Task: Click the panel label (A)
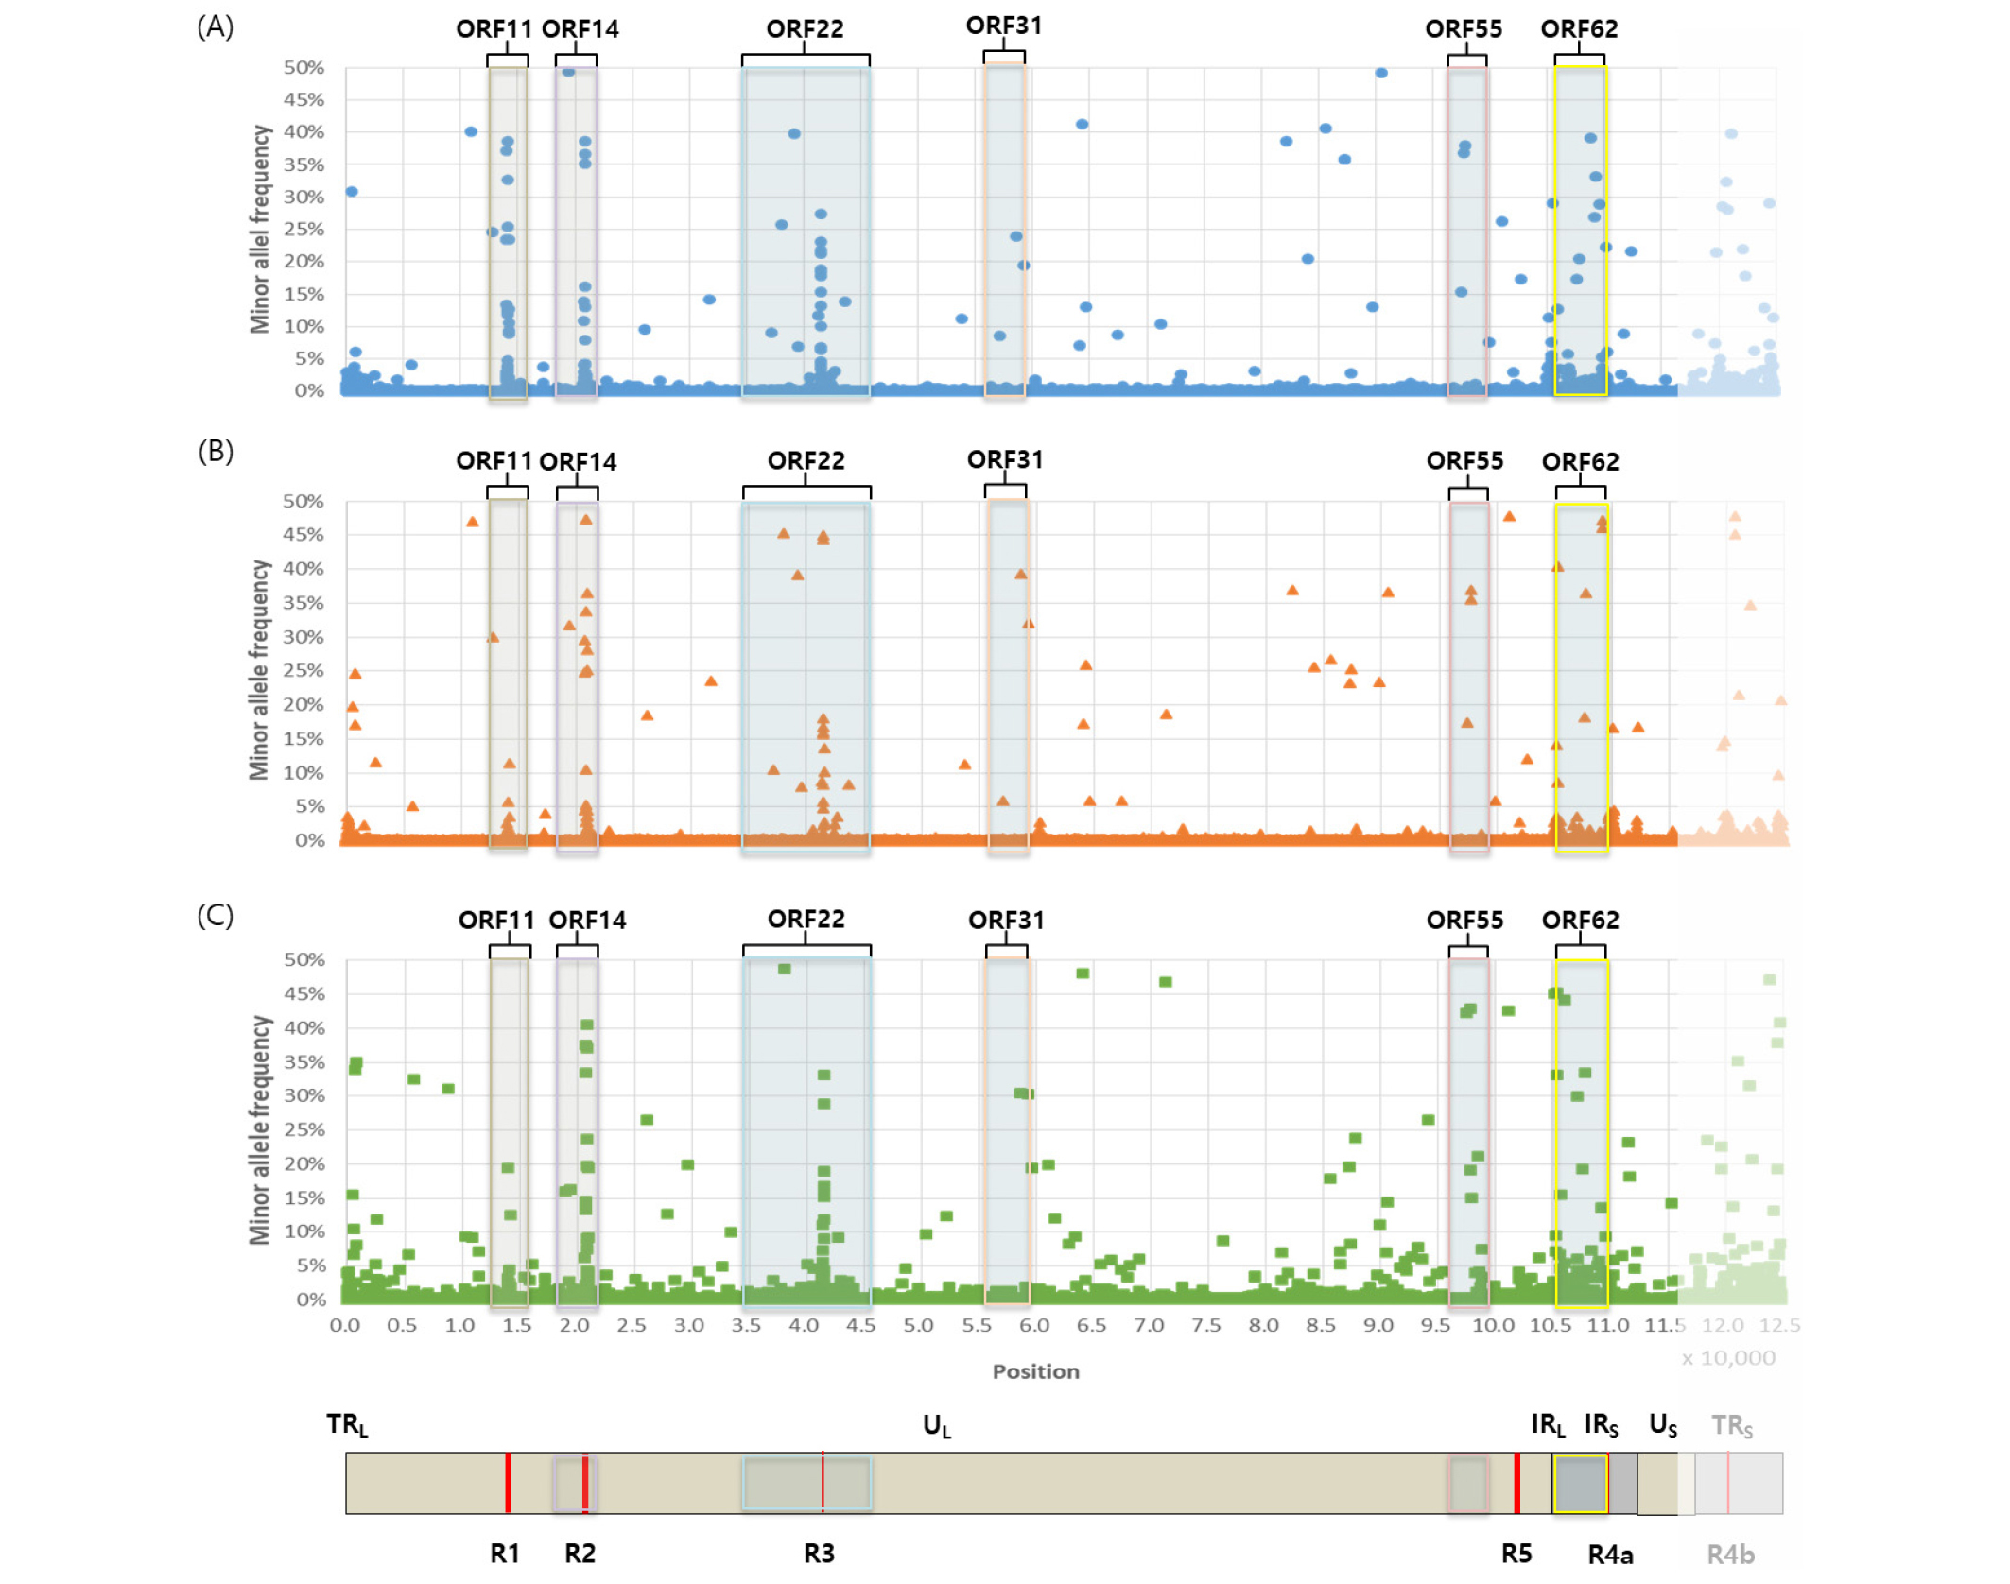(215, 26)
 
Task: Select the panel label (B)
(215, 452)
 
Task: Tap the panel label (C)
(215, 915)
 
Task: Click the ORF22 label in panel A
(805, 29)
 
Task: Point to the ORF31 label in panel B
(1005, 460)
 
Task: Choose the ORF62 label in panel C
(1580, 920)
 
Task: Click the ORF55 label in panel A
(1464, 29)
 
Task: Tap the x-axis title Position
(1035, 1371)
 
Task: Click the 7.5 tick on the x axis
(1206, 1325)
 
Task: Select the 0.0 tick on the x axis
(345, 1325)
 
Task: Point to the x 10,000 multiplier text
(1727, 1358)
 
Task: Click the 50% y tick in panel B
(303, 501)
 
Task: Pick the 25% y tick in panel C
(304, 1129)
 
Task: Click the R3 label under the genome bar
(819, 1554)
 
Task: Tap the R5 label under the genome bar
(1516, 1554)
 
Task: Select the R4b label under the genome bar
(1730, 1555)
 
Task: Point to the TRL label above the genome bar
(347, 1424)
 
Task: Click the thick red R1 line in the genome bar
(509, 1483)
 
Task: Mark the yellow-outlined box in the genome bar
(1580, 1484)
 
